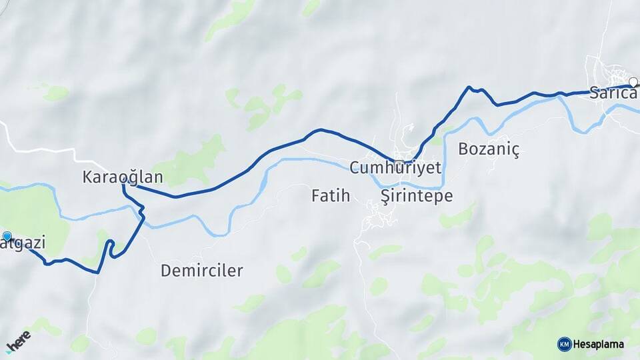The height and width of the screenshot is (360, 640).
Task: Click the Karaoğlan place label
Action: coord(123,177)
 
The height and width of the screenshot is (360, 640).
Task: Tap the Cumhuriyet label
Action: coord(395,167)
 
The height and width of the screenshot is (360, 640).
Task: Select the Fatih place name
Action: coord(331,195)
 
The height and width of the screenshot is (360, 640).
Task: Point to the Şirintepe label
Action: coord(416,196)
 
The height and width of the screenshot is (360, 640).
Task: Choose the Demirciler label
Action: coord(202,271)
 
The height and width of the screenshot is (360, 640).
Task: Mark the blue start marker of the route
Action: coord(7,236)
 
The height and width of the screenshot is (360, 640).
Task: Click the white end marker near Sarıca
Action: coord(633,83)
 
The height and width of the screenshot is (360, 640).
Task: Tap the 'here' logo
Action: coord(18,340)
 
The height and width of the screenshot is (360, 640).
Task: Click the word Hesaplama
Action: coord(599,344)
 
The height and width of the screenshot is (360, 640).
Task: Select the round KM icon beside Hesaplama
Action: coord(564,344)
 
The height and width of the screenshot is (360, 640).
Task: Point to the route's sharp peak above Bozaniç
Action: coord(469,87)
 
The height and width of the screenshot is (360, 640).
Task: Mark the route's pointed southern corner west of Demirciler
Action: coord(98,272)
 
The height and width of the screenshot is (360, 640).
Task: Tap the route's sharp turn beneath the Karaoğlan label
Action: coord(124,187)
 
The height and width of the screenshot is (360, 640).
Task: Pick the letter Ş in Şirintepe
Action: coord(385,195)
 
